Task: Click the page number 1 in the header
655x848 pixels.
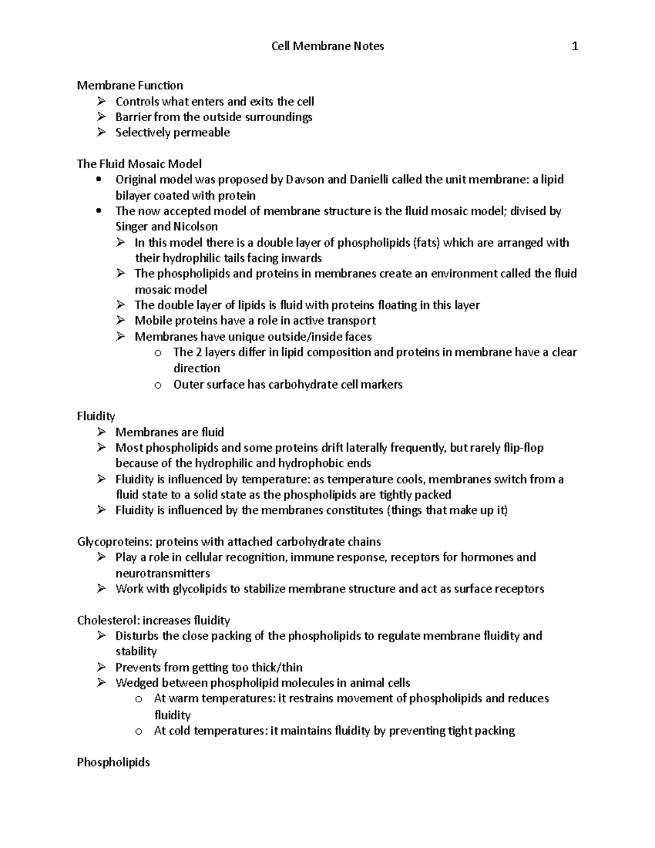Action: coord(574,46)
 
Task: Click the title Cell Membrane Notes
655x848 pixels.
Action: coord(327,46)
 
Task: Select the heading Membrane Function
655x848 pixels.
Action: coord(130,85)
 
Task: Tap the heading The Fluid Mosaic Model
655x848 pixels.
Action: coord(139,164)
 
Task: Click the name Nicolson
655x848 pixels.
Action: coord(195,227)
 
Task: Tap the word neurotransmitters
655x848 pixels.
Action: coord(163,573)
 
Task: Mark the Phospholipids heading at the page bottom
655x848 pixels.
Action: coord(114,762)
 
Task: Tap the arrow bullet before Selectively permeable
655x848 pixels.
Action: coord(101,132)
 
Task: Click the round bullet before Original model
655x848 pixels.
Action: coord(98,180)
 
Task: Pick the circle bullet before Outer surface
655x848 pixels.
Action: coord(158,385)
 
